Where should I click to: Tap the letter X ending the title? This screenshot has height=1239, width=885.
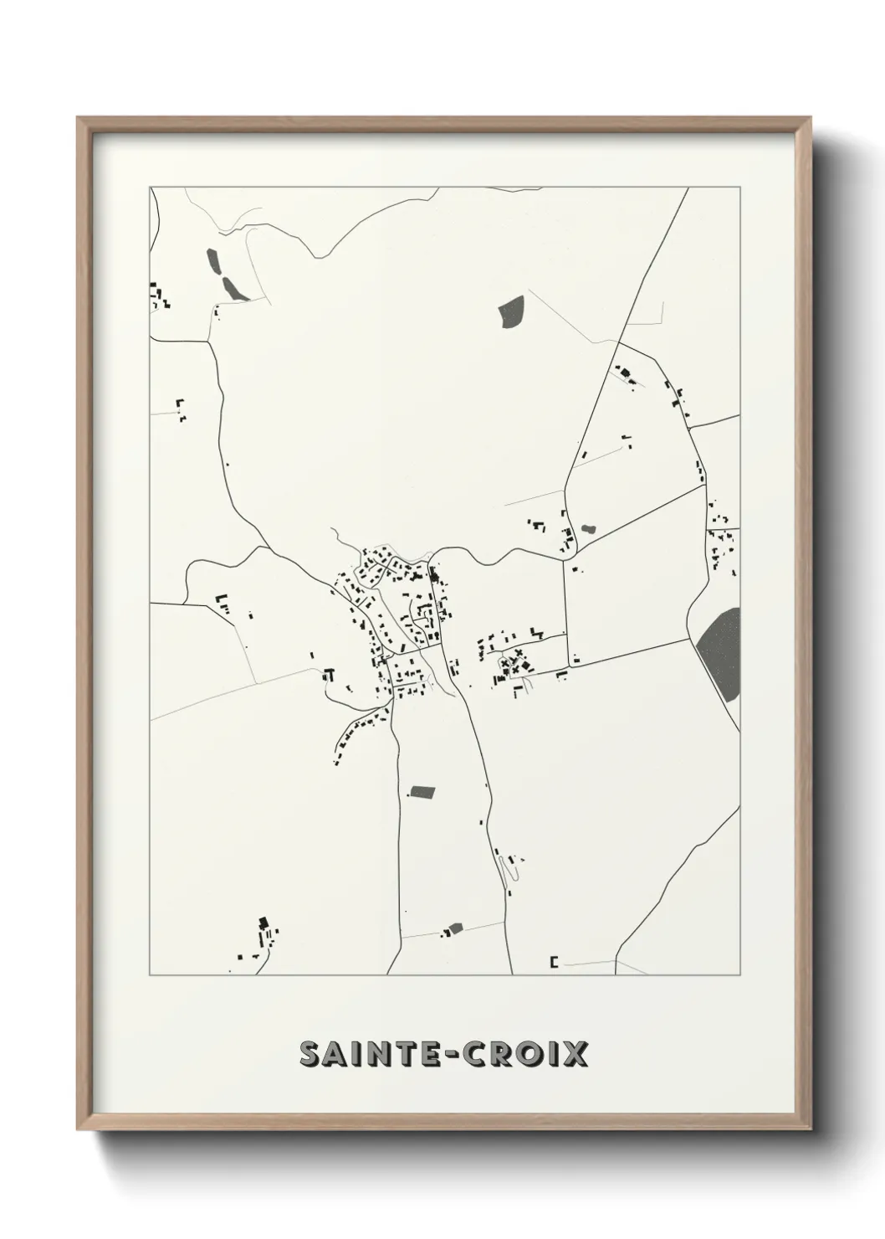pos(575,1055)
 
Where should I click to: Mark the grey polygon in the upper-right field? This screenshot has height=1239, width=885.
pos(510,311)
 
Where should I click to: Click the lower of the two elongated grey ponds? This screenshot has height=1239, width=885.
pos(233,289)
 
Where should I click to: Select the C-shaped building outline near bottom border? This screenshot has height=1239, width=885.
pos(554,962)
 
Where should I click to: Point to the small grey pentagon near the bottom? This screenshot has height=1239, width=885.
pos(455,928)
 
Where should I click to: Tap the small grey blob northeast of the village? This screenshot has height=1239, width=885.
pos(588,528)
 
